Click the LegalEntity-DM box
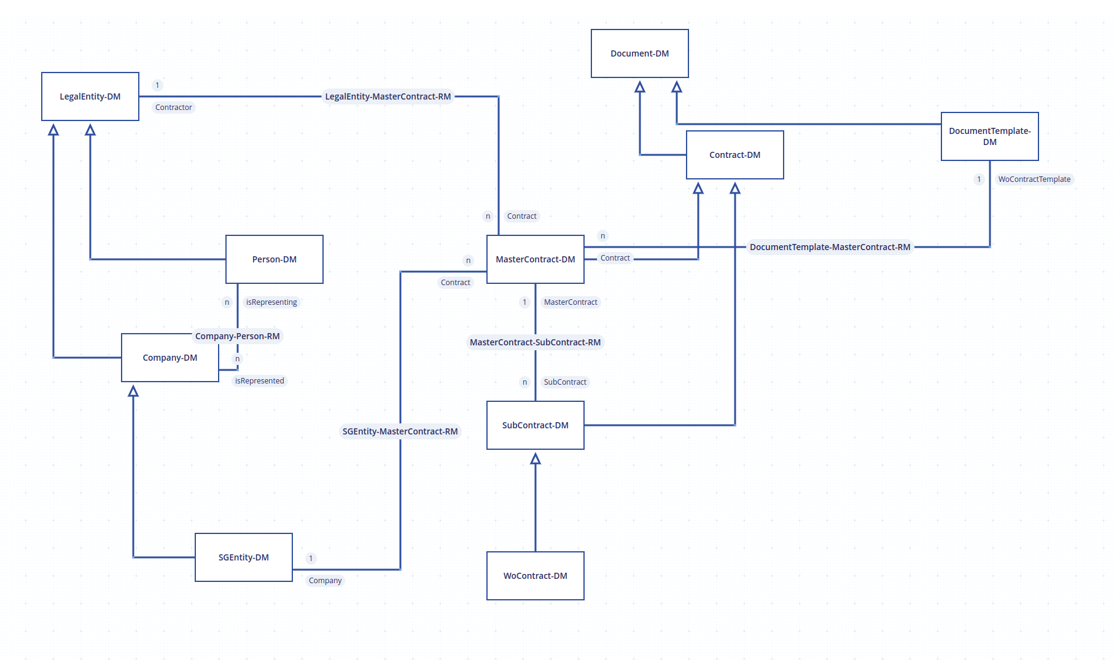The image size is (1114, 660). coord(90,96)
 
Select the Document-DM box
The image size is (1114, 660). coord(640,53)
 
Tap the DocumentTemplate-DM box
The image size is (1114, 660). coord(990,136)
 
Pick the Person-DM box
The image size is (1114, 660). coord(275,259)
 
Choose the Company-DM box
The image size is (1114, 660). coord(170,358)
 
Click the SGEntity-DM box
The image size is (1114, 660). coord(244,557)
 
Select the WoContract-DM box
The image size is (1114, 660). coord(536,576)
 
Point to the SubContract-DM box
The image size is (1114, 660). coord(536,425)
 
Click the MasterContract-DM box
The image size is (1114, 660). coord(536,259)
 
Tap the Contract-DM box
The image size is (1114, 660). coord(735,155)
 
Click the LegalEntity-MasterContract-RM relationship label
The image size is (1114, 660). coord(388,96)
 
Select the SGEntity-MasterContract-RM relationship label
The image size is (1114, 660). coord(400,431)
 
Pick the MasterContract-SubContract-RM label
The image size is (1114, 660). coord(536,342)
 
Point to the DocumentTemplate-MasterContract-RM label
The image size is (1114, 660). coord(830,247)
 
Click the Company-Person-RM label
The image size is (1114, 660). coord(238,336)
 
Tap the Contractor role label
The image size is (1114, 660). coord(174,108)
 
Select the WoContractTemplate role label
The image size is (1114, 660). coord(1034,179)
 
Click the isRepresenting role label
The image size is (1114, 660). coord(271,302)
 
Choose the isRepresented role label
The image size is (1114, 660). coord(260,381)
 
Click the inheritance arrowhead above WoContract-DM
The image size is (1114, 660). coord(536,458)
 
